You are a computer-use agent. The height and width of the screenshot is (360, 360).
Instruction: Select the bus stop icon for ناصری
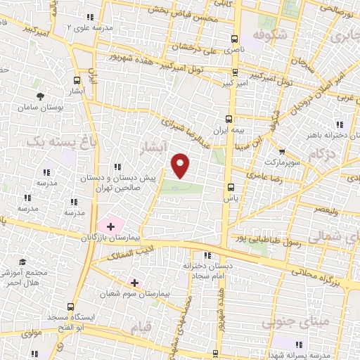[x=233, y=39]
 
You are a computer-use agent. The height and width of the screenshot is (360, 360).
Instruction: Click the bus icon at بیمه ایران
[x=228, y=119]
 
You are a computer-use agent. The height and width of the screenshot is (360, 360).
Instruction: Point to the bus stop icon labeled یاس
[x=232, y=186]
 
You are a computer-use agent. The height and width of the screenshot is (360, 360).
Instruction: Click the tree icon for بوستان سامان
[x=41, y=96]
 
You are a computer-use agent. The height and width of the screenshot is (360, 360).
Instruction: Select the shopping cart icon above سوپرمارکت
[x=281, y=151]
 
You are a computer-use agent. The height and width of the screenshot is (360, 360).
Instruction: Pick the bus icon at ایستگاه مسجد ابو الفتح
[x=70, y=306]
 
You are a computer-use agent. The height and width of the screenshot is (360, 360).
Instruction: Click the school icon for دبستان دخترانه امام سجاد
[x=206, y=255]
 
